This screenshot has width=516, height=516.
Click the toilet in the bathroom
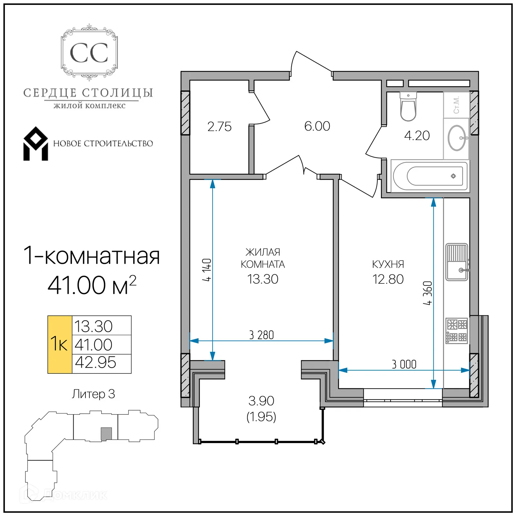tap(408, 107)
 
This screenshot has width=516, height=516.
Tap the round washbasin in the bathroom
tap(457, 138)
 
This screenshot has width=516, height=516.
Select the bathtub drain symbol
tap(453, 176)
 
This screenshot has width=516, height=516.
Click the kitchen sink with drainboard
tap(457, 262)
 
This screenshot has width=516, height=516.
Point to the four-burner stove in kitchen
tap(457, 331)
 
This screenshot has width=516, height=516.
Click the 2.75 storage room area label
tap(219, 127)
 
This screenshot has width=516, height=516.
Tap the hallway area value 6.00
tap(317, 126)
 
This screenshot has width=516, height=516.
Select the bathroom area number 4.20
tap(417, 135)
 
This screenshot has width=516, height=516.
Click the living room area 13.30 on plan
tap(263, 279)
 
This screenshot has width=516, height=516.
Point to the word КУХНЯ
tap(388, 264)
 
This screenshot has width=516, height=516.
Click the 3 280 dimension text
tap(261, 335)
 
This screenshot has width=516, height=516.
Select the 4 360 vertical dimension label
tap(428, 293)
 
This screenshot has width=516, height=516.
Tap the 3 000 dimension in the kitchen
tap(404, 364)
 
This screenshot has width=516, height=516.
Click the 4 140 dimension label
tap(207, 270)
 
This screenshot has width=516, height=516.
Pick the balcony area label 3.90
tap(261, 401)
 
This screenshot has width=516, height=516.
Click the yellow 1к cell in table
tap(59, 344)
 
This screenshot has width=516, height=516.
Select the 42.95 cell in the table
tap(95, 362)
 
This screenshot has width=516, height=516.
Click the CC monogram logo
tap(89, 53)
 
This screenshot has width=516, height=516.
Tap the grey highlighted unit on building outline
tap(106, 434)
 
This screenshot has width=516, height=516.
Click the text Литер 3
tap(93, 394)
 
